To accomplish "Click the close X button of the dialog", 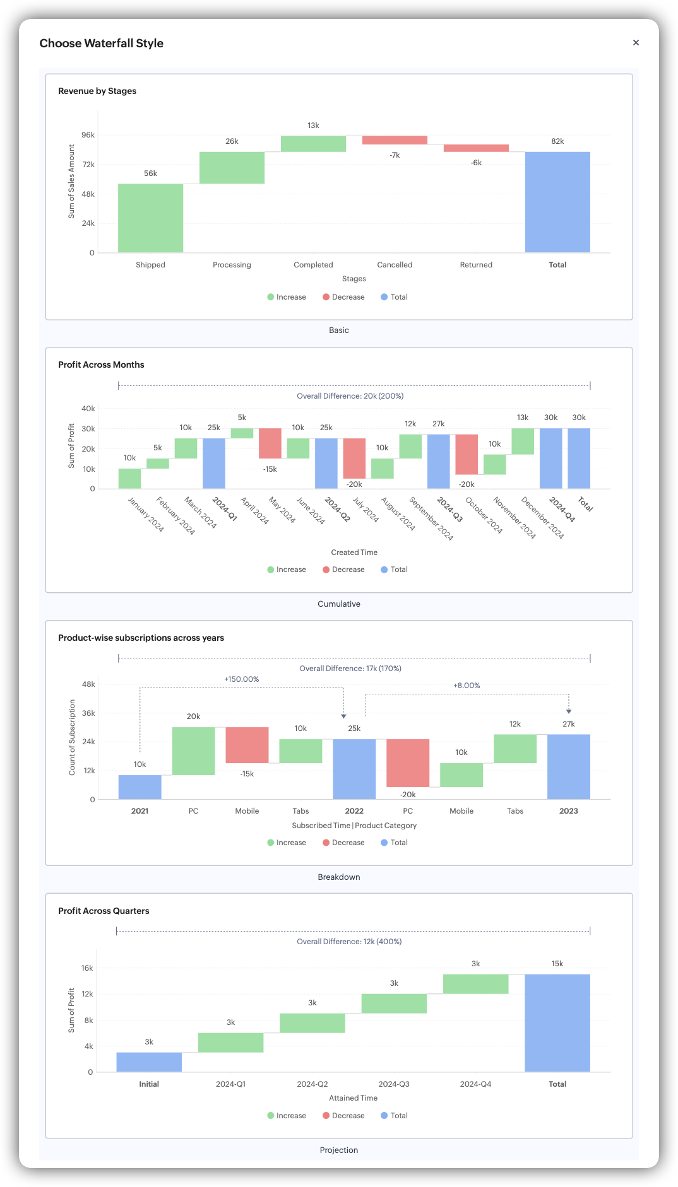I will pos(636,43).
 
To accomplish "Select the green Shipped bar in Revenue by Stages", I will pos(150,218).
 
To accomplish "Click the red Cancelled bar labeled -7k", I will pos(395,140).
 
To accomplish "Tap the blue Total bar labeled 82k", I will pos(557,202).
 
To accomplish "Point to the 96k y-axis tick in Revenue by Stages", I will pos(88,135).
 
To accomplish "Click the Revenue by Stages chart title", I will pos(97,91).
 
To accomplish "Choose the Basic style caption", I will pos(339,330).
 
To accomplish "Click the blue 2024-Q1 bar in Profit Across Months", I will pos(214,463).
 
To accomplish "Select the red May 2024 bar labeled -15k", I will pos(270,443).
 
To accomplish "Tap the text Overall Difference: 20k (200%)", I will pos(350,396).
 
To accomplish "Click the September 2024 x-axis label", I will pos(432,518).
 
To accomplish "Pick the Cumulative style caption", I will pos(339,604).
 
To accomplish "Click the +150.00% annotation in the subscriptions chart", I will pos(242,679).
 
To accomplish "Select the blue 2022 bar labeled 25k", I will pos(354,769).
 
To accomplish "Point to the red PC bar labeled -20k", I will pos(408,763).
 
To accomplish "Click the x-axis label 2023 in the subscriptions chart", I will pos(568,811).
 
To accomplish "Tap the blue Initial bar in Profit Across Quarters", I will pos(149,1061).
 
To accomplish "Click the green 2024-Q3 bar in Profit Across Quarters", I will pos(394,1003).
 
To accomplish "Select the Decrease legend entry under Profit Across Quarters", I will pos(344,1116).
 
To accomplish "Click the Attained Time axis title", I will pos(354,1098).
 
